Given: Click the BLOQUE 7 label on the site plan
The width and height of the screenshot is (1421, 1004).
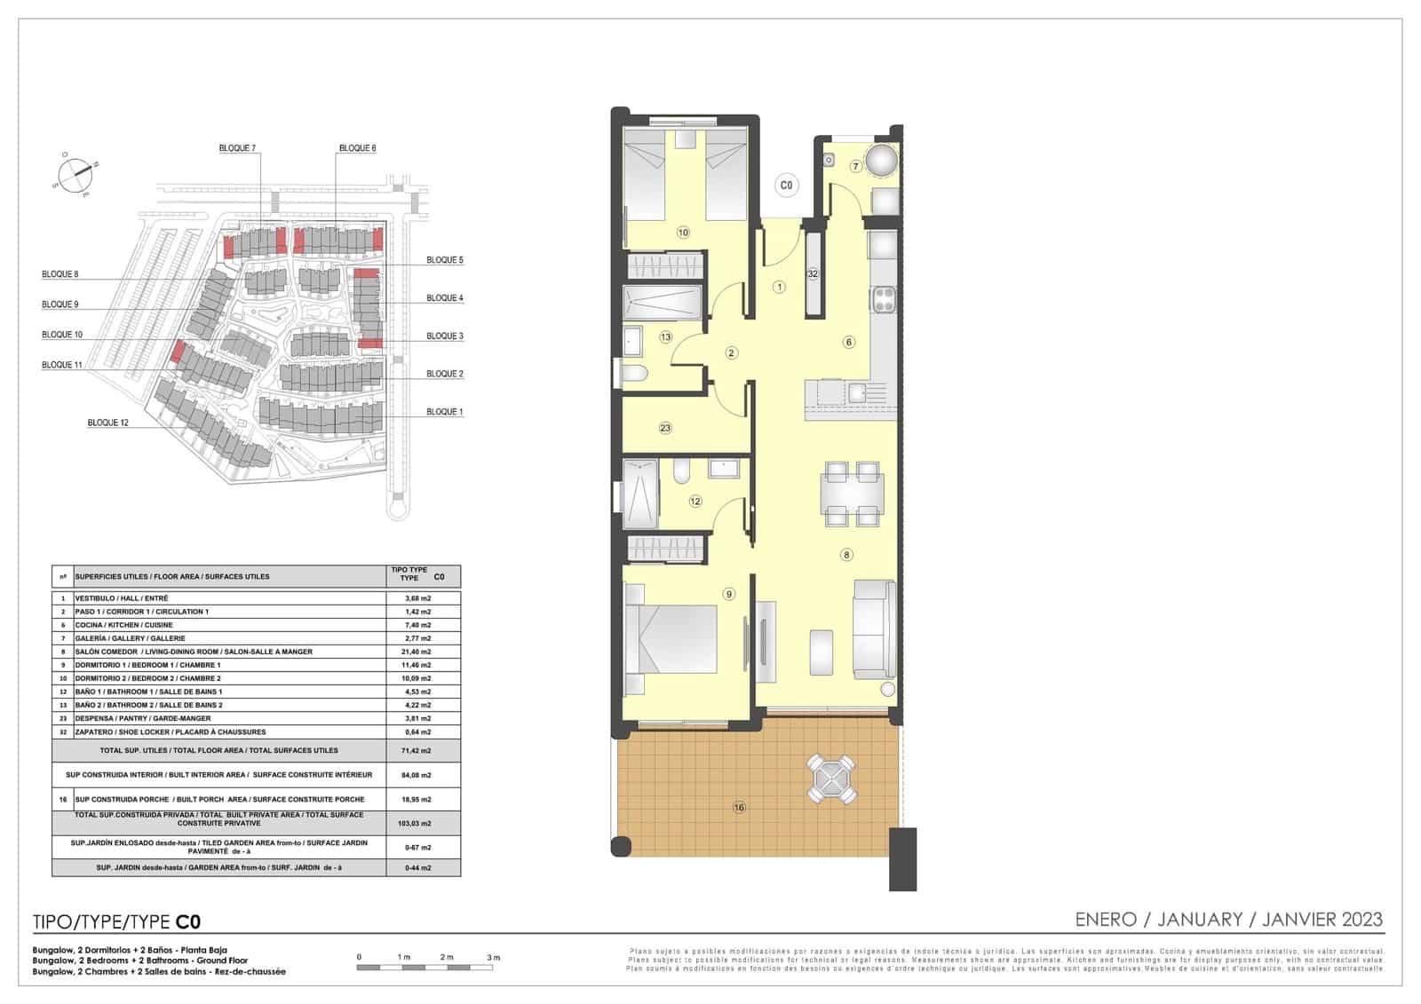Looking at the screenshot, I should pyautogui.click(x=237, y=148).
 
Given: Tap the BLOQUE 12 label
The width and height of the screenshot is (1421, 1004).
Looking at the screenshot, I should pyautogui.click(x=107, y=423).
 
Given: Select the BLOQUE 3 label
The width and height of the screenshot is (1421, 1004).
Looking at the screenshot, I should pyautogui.click(x=444, y=336).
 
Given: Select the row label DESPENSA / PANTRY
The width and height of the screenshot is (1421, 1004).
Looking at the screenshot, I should pyautogui.click(x=143, y=718).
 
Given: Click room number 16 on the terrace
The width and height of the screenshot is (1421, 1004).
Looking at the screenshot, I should pyautogui.click(x=739, y=807).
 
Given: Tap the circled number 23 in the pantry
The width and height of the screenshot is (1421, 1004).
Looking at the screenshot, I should pyautogui.click(x=665, y=428).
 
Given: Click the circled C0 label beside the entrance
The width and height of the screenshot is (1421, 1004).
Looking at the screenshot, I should pyautogui.click(x=785, y=186).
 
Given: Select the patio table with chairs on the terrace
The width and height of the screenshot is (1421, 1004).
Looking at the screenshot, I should pyautogui.click(x=832, y=779).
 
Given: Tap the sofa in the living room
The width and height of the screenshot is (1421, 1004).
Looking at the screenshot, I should pyautogui.click(x=874, y=628).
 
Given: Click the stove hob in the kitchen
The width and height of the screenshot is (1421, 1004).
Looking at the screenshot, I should pyautogui.click(x=883, y=299).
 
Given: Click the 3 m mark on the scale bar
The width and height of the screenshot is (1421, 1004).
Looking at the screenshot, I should pyautogui.click(x=494, y=958).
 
